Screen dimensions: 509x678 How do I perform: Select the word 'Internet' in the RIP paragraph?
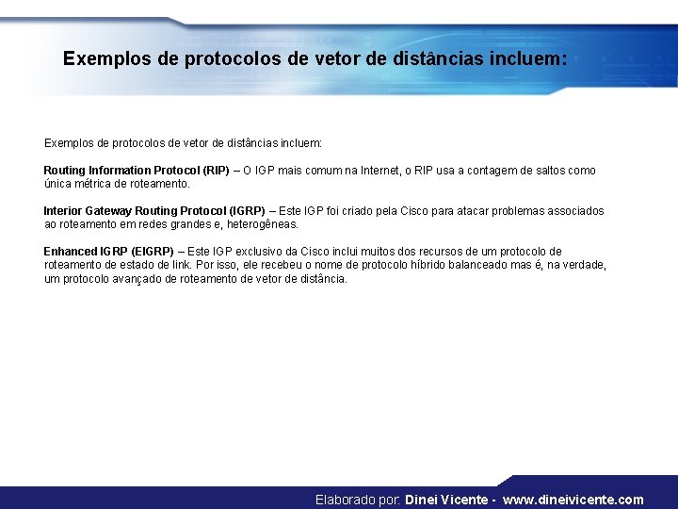pyautogui.click(x=379, y=171)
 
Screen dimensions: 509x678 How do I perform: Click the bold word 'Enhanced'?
pyautogui.click(x=70, y=252)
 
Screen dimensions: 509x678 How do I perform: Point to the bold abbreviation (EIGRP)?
pyautogui.click(x=153, y=252)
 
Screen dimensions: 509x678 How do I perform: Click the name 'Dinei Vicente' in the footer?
pyautogui.click(x=446, y=500)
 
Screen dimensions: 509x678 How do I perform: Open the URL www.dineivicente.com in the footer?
pyautogui.click(x=573, y=500)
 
